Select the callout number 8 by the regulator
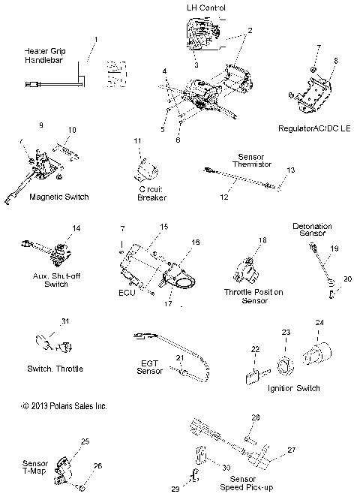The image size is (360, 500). coord(336,61)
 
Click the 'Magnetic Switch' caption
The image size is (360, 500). coord(58,197)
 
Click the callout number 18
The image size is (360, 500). coord(262,240)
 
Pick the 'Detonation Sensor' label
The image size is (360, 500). coord(311,230)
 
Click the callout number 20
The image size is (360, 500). coord(347,279)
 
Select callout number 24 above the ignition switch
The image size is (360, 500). coord(320,322)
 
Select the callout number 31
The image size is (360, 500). coord(65,322)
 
